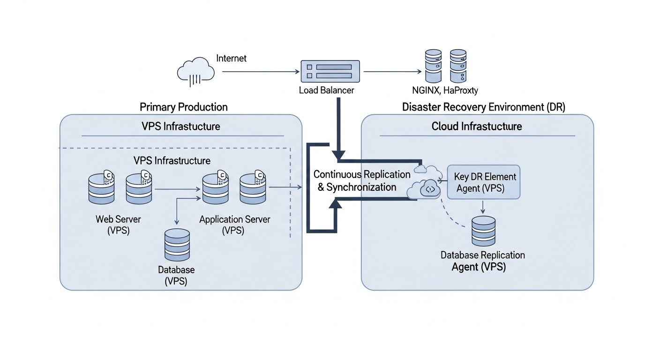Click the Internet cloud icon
tap(196, 71)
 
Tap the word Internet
tap(232, 59)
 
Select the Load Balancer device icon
tap(330, 71)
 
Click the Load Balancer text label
tap(327, 90)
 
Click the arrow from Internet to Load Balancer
tap(260, 72)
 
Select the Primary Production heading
tap(184, 107)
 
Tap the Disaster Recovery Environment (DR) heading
tap(484, 107)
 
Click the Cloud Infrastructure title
tap(477, 126)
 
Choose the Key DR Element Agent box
tap(484, 182)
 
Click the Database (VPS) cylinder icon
tap(177, 245)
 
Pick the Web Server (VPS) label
tap(118, 225)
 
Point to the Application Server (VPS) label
tap(235, 225)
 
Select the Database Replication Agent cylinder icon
tap(483, 231)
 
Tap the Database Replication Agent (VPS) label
tap(483, 261)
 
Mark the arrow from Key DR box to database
tap(483, 206)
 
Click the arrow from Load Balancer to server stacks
tap(391, 72)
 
